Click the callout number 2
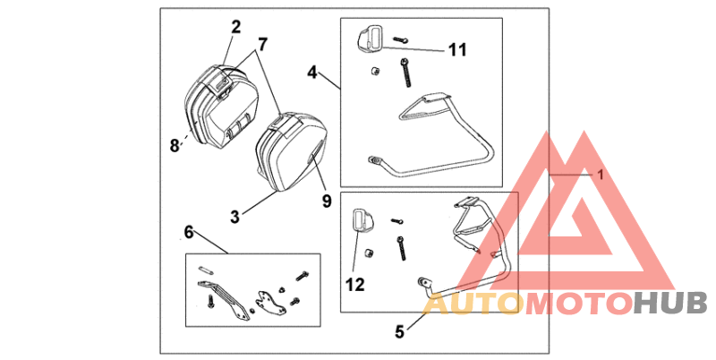click(x=236, y=27)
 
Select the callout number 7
click(x=262, y=44)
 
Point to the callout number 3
click(x=234, y=216)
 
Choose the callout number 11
click(x=457, y=50)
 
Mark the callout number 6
click(x=188, y=232)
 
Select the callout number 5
click(x=400, y=331)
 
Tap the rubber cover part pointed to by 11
click(x=370, y=39)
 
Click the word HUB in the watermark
click(x=670, y=304)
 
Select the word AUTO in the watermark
click(x=470, y=304)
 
